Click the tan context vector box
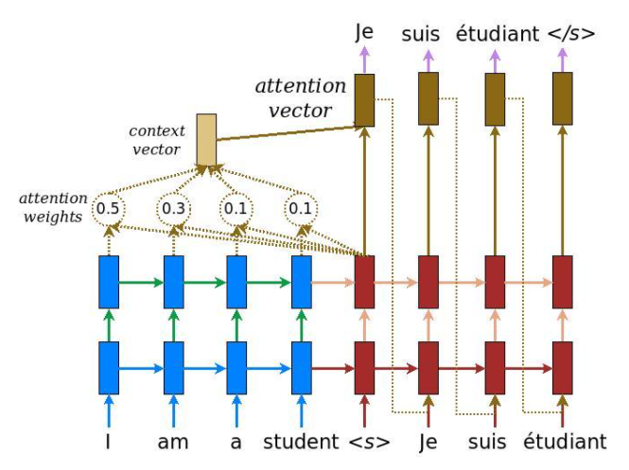coord(205,139)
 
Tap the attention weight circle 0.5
coord(108,207)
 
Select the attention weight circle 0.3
coord(172,207)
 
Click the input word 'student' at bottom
coord(301,442)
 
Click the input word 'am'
coord(173,442)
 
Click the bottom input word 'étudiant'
coord(565,442)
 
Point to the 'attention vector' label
coord(293,98)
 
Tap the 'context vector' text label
coord(155,139)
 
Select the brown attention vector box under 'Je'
coord(364,99)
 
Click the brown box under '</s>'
coord(563,99)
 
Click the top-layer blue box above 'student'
coord(301,281)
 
